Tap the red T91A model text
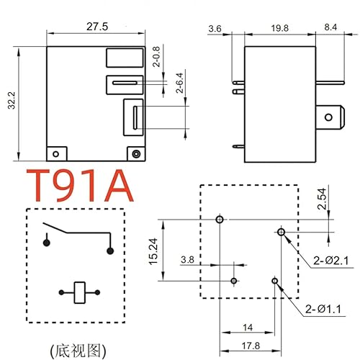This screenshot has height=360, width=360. click(x=80, y=185)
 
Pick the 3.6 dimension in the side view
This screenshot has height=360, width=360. click(x=215, y=29)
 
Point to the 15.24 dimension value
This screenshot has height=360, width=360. click(x=153, y=249)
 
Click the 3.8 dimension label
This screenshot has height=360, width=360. click(x=187, y=259)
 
